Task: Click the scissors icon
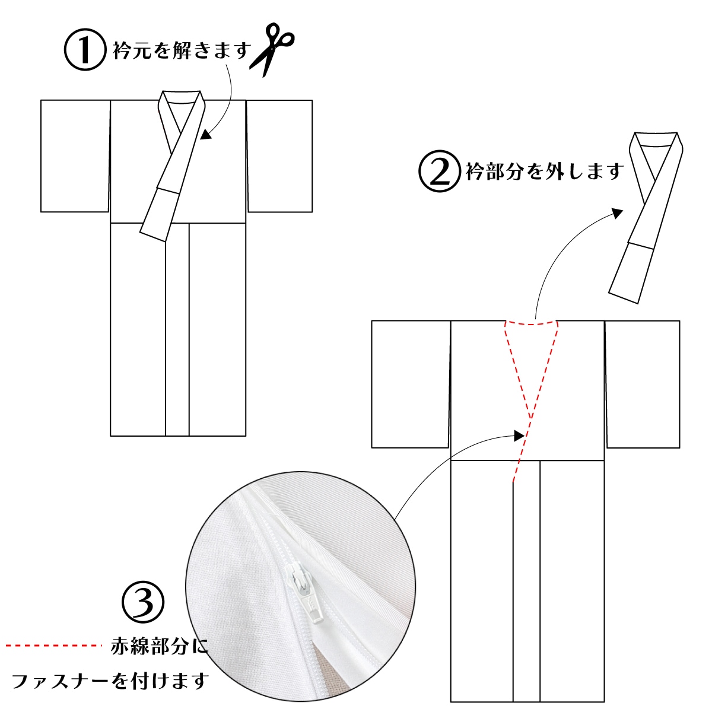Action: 272,50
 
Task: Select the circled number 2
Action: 439,171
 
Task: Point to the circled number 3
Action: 143,603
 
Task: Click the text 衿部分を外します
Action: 545,171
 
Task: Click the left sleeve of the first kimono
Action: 75,155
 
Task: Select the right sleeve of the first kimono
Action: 279,155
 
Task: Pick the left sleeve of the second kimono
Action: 411,384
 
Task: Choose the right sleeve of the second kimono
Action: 643,384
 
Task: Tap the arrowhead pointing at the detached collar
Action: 618,213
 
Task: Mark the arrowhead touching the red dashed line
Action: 519,436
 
